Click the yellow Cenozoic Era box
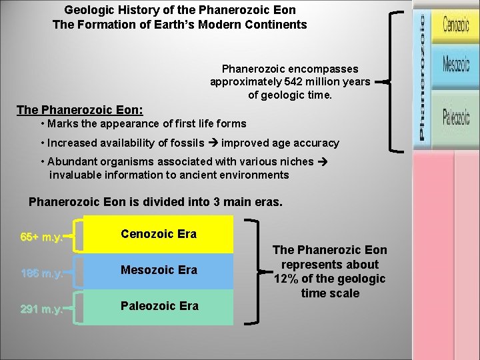tap(158, 235)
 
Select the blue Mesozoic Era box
tap(158, 271)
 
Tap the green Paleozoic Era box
tap(158, 307)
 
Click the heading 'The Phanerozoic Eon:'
tap(79, 109)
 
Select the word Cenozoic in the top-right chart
tap(456, 26)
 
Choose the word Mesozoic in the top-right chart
tap(456, 64)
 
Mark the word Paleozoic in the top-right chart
tap(456, 117)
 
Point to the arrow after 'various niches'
tap(320, 161)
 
